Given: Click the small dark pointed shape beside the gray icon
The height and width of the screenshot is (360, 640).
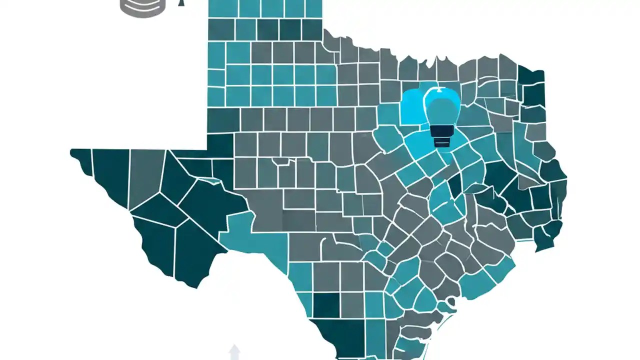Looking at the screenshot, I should click(x=181, y=2).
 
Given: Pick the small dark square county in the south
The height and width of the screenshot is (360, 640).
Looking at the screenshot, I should click(x=326, y=305).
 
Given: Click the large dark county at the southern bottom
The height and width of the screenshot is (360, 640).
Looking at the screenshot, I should click(x=340, y=337).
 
